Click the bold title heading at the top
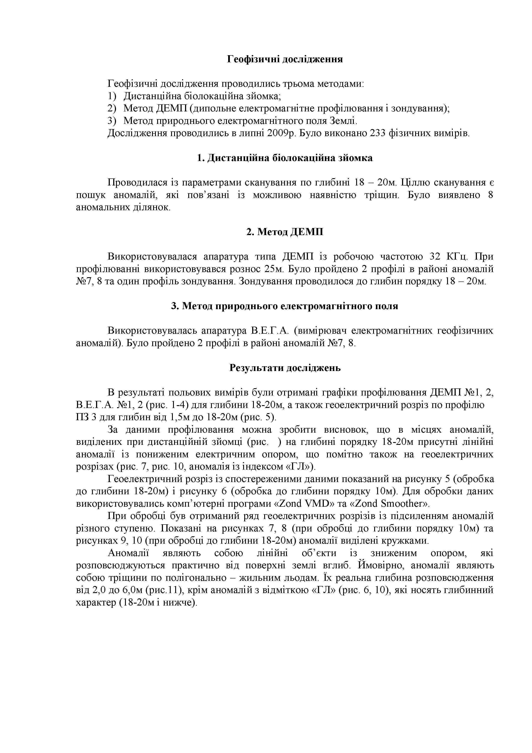pos(285,59)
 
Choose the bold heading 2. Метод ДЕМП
pos(285,232)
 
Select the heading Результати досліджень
pos(285,368)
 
